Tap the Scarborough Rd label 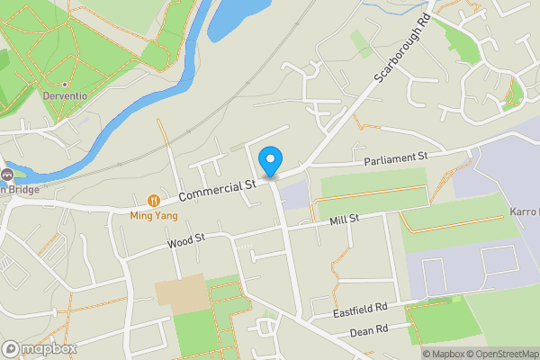point(397,55)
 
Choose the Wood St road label point(187,240)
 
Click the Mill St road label point(344,219)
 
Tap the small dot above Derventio point(65,85)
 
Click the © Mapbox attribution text point(447,354)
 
